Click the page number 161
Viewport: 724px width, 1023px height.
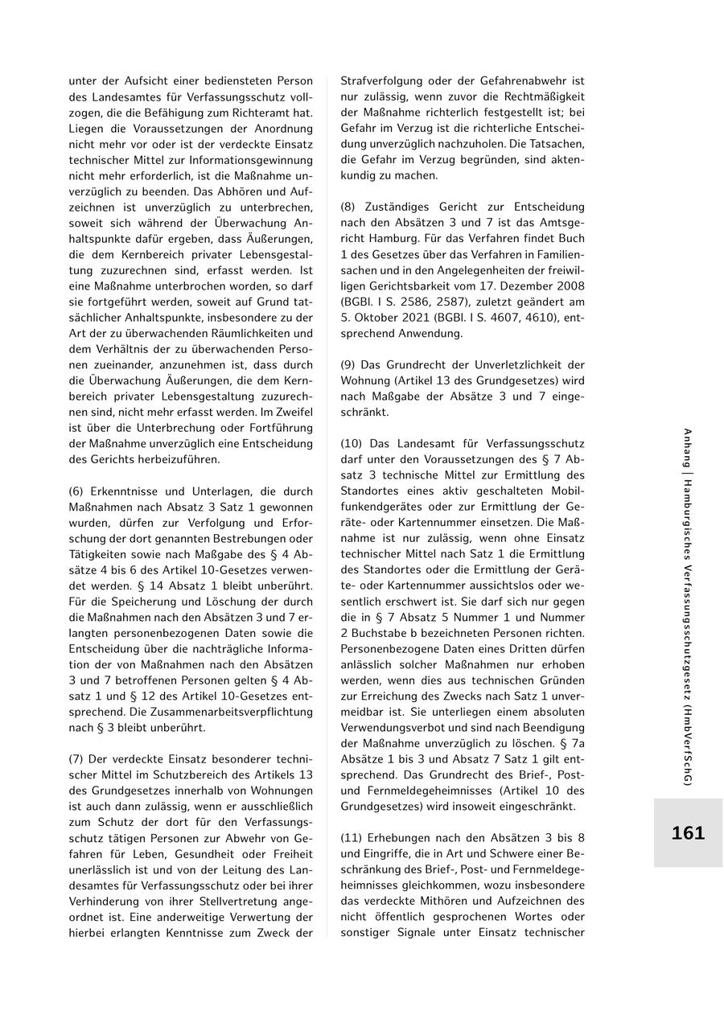coord(688,833)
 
